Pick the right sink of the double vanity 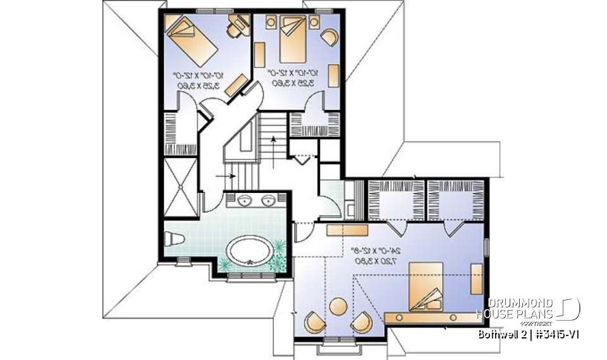[x=269, y=201]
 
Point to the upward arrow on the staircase [x=273, y=142]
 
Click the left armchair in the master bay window [x=313, y=322]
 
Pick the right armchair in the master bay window [x=362, y=322]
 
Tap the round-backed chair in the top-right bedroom [x=329, y=35]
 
